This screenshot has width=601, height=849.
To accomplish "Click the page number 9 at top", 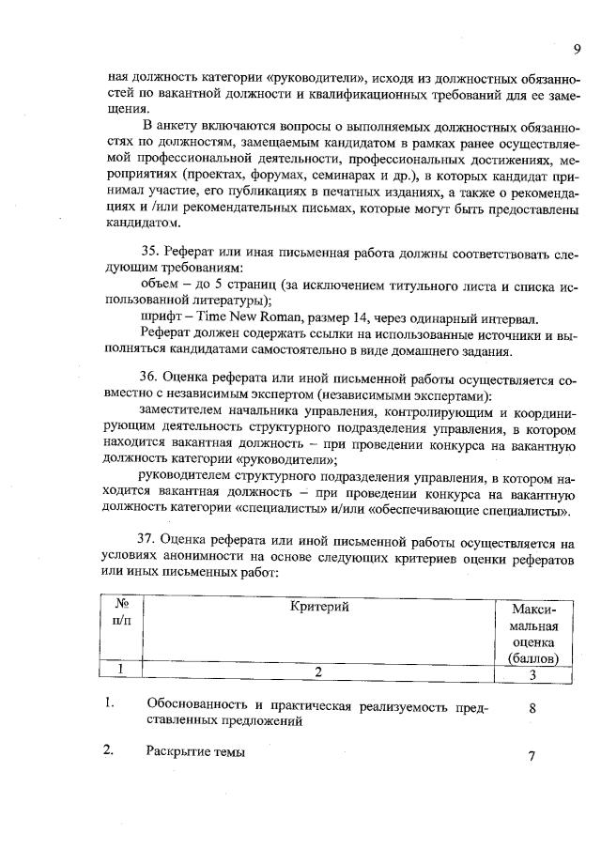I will tap(577, 49).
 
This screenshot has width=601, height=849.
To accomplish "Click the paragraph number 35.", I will tap(147, 254).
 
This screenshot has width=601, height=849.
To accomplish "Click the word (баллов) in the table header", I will tap(534, 658).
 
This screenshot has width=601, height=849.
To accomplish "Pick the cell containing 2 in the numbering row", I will tap(318, 671).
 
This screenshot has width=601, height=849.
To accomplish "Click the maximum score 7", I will tap(532, 756).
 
